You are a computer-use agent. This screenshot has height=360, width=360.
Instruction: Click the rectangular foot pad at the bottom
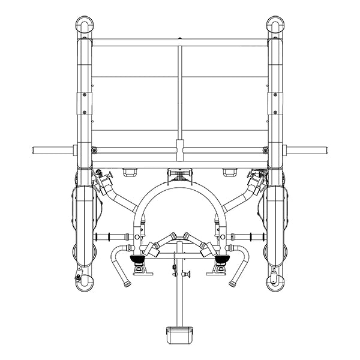pyautogui.click(x=179, y=332)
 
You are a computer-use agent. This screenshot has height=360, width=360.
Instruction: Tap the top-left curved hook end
pyautogui.click(x=84, y=25)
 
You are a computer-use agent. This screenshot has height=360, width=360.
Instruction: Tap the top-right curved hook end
pyautogui.click(x=275, y=25)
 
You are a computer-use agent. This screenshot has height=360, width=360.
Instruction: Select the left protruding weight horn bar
pyautogui.click(x=50, y=149)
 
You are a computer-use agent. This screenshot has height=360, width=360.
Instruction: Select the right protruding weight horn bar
pyautogui.click(x=308, y=149)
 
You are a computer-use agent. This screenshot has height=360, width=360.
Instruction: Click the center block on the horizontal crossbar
pyautogui.click(x=179, y=148)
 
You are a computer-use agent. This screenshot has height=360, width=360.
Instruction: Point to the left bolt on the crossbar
pyautogui.click(x=94, y=149)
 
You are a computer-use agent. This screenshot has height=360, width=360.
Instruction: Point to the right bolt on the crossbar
pyautogui.click(x=265, y=149)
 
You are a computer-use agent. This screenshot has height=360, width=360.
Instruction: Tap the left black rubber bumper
pyautogui.click(x=139, y=260)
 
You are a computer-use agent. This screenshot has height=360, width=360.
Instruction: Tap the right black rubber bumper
pyautogui.click(x=221, y=260)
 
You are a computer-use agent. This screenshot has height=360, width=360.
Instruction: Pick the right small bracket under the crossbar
pyautogui.click(x=229, y=173)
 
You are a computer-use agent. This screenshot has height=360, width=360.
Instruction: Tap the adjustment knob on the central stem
pyautogui.click(x=187, y=274)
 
